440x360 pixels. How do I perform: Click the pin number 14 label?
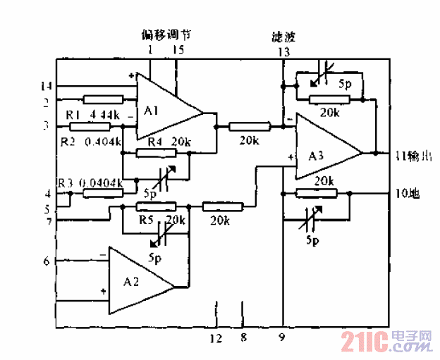coord(47,86)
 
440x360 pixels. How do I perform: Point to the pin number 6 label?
coord(47,261)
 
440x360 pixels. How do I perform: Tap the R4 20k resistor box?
coord(157,153)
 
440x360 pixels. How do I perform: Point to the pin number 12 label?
coord(216,339)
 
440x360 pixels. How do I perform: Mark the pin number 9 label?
coord(282,339)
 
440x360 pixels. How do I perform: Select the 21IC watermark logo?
coord(386,343)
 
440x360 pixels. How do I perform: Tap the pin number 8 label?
coord(243,339)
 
